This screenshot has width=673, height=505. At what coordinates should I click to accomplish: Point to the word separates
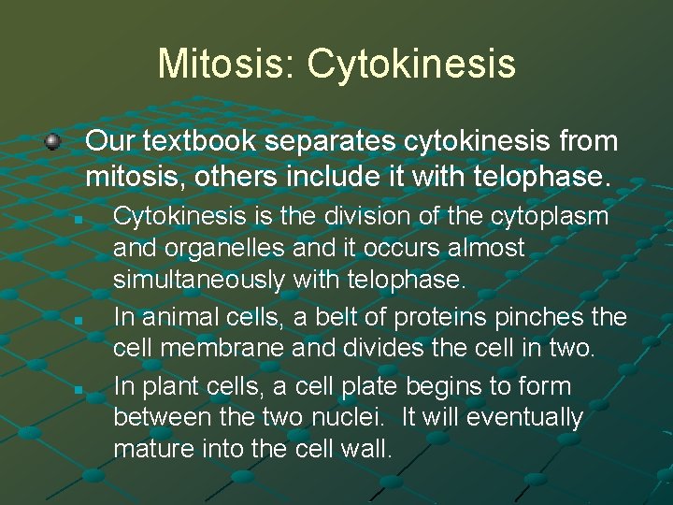point(324,141)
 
